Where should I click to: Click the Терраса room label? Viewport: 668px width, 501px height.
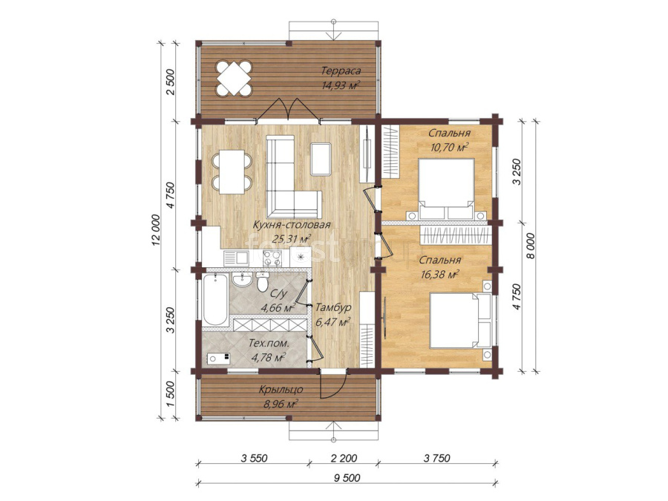tap(341, 71)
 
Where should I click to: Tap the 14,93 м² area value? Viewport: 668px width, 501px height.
tap(341, 85)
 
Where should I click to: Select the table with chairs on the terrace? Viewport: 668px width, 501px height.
tap(234, 79)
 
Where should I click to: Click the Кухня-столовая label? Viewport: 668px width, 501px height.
tap(292, 225)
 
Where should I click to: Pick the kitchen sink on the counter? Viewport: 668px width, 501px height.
tap(236, 258)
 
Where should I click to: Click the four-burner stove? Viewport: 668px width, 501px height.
tap(272, 258)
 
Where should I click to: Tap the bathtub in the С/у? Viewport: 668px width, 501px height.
tap(215, 301)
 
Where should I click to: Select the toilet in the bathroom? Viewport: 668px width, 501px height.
tap(262, 281)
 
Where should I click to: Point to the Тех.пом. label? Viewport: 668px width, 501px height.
tap(269, 343)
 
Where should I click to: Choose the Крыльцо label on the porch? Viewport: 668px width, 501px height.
tap(281, 390)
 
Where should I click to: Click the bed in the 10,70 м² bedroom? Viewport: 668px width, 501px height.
tap(447, 189)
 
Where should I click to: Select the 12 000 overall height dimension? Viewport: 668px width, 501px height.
tap(156, 231)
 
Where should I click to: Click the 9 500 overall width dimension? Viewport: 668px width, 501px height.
tap(347, 478)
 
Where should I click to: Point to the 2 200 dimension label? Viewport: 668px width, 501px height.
tap(344, 459)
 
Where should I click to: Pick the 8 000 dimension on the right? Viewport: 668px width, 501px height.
tap(531, 246)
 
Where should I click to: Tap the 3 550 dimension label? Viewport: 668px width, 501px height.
tap(254, 459)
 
